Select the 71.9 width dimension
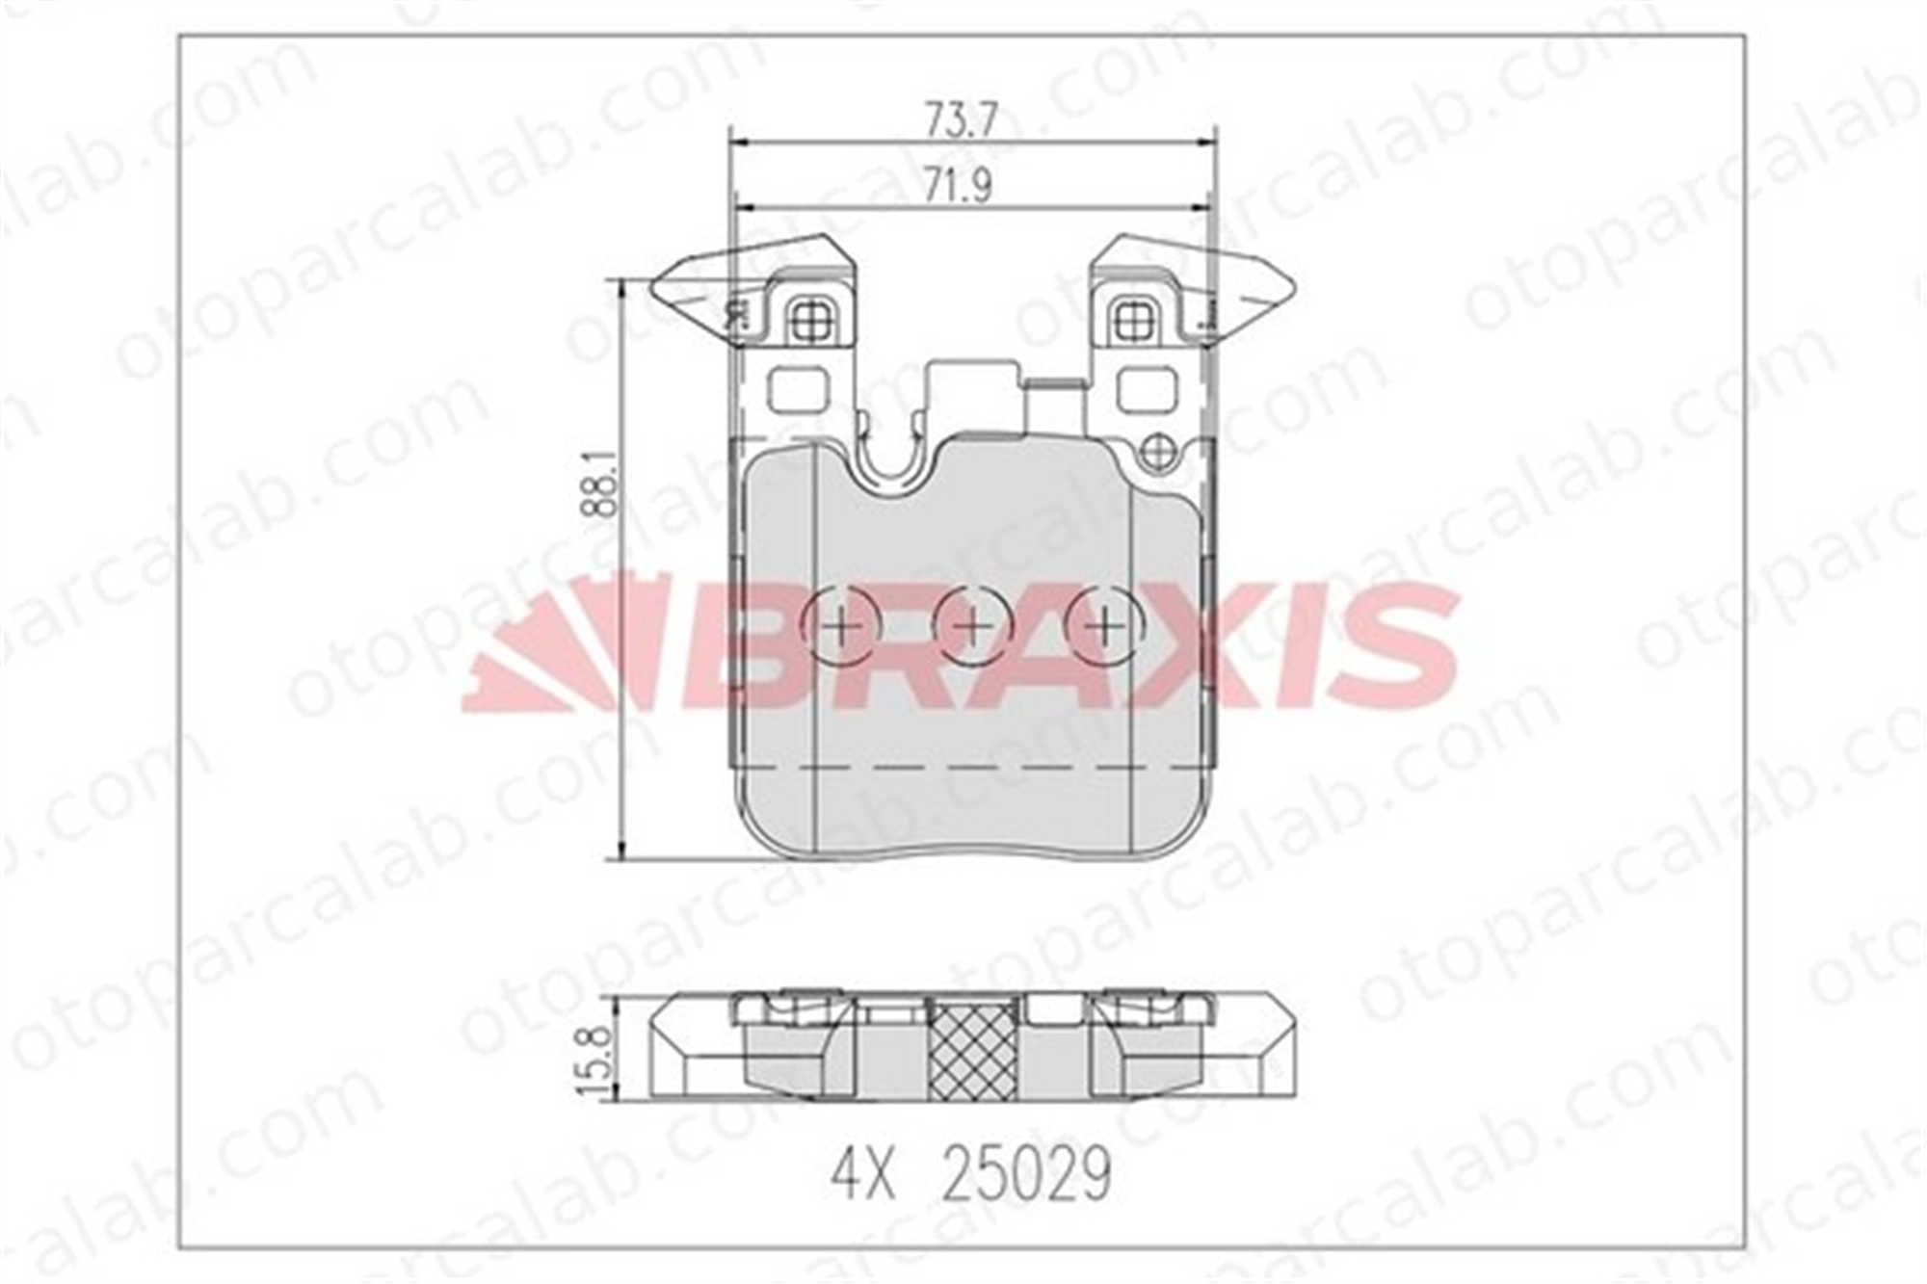tap(959, 186)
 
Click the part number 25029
tap(1026, 1174)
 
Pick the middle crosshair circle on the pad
tap(973, 628)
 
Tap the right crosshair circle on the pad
tap(1104, 628)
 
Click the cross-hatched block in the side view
tap(973, 1047)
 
